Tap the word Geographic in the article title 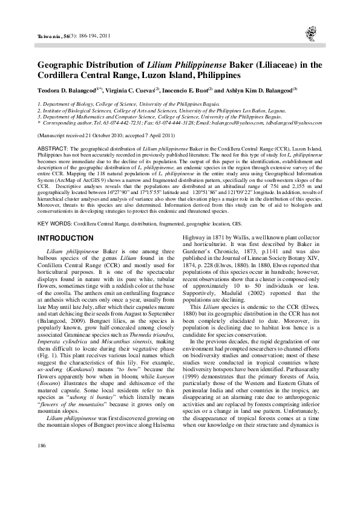coord(63,65)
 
